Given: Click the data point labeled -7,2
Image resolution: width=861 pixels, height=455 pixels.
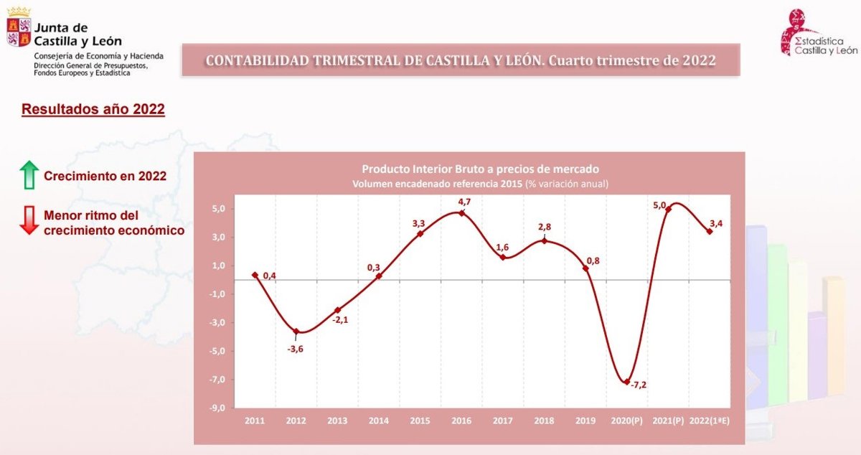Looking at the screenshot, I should pyautogui.click(x=627, y=381).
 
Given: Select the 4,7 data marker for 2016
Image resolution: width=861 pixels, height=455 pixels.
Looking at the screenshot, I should pyautogui.click(x=461, y=212).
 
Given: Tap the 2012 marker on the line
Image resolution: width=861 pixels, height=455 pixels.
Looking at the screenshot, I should pyautogui.click(x=296, y=332).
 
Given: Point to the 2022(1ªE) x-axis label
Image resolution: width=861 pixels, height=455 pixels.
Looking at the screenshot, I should pyautogui.click(x=709, y=421).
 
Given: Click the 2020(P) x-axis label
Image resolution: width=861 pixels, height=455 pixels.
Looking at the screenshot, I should pyautogui.click(x=626, y=421).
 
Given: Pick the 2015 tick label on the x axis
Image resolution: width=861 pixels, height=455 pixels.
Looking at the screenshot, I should pyautogui.click(x=420, y=421).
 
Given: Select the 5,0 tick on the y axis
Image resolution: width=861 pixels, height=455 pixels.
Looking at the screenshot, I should pyautogui.click(x=217, y=209).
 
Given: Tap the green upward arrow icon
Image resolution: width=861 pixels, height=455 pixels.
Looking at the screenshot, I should pyautogui.click(x=29, y=175).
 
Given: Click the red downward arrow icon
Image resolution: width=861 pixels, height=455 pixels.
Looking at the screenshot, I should pyautogui.click(x=29, y=220).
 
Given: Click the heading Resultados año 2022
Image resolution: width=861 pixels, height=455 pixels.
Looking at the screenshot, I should pyautogui.click(x=93, y=110).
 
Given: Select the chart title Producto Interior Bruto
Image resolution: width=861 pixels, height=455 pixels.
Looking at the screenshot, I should pyautogui.click(x=480, y=169).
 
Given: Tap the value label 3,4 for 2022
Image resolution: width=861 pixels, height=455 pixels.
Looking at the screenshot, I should pyautogui.click(x=715, y=225).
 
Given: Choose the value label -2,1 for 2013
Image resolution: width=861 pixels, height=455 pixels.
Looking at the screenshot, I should pyautogui.click(x=339, y=320).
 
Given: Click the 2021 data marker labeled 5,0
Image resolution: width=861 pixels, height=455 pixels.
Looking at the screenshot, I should pyautogui.click(x=668, y=210).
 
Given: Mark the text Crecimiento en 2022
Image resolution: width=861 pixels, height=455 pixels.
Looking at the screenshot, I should pyautogui.click(x=105, y=177).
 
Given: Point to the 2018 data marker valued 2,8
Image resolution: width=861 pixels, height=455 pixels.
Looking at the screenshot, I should pyautogui.click(x=544, y=240).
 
